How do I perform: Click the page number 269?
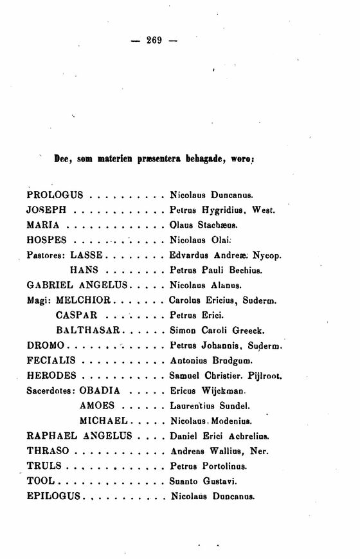[154, 40]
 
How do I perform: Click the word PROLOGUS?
[55, 194]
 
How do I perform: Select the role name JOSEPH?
[47, 210]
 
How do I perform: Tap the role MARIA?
[44, 225]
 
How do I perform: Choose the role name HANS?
[83, 270]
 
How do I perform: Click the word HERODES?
[52, 376]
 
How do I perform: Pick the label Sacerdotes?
[51, 391]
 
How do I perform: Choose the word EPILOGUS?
[54, 496]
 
